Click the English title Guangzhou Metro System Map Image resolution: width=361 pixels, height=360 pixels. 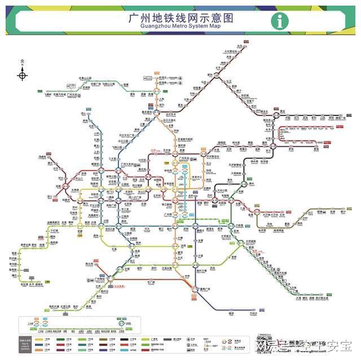click(180, 26)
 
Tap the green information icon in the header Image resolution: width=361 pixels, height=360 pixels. click(278, 21)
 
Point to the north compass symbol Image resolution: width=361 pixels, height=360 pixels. click(23, 73)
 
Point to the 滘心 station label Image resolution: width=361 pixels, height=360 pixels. click(83, 114)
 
